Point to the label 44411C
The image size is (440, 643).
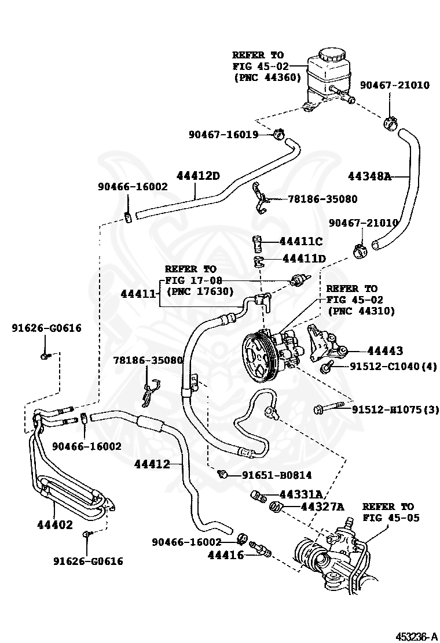pyautogui.click(x=300, y=241)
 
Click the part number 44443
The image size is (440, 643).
pyautogui.click(x=385, y=350)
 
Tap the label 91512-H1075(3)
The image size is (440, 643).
pyautogui.click(x=395, y=409)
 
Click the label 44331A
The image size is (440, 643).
pyautogui.click(x=300, y=494)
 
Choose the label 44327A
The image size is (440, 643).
pyautogui.click(x=322, y=507)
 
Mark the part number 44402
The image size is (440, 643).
pyautogui.click(x=55, y=524)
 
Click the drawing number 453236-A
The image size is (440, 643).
pyautogui.click(x=416, y=636)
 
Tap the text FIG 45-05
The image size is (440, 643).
pyautogui.click(x=391, y=518)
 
